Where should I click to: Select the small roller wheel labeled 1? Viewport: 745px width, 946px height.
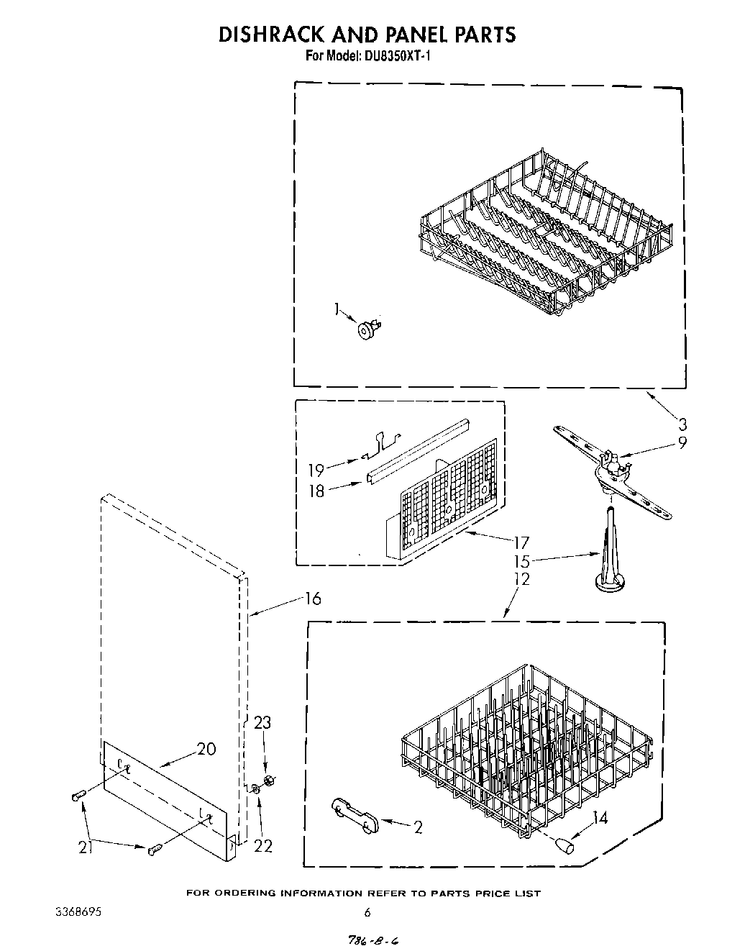coord(368,329)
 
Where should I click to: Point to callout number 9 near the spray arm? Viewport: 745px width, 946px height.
coord(681,442)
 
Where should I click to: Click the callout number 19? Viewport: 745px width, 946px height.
coord(316,470)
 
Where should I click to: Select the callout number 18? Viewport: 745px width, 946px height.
coord(316,491)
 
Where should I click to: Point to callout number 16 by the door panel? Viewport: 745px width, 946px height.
coord(312,598)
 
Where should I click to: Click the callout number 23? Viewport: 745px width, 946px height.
coord(262,723)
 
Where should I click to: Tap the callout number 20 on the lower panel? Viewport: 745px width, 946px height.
coord(206,749)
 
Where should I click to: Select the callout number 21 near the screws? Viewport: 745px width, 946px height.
coord(86,847)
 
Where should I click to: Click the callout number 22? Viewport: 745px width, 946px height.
coord(263,846)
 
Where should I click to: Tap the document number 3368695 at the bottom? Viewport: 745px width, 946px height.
coord(78,912)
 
